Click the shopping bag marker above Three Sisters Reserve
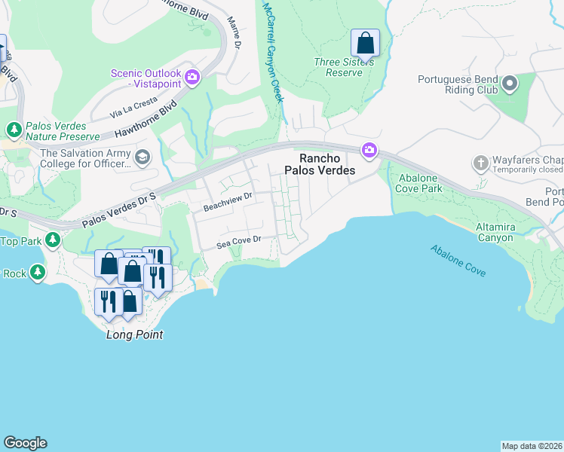[365, 44]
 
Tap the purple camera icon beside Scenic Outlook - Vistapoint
[192, 77]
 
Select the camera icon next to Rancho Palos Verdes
[369, 151]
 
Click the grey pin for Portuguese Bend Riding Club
[510, 83]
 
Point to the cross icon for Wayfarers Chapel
[480, 163]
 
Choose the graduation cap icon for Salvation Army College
[143, 157]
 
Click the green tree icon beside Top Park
[52, 240]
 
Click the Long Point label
[134, 334]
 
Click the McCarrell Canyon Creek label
[273, 53]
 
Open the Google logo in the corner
[25, 443]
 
